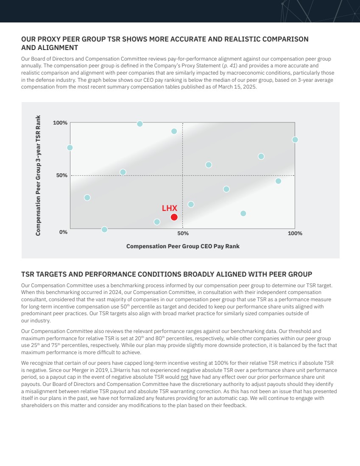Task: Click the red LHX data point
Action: pyautogui.click(x=174, y=217)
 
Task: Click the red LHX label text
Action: pyautogui.click(x=170, y=208)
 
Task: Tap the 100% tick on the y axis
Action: pyautogui.click(x=60, y=123)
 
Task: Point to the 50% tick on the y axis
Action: pyautogui.click(x=62, y=175)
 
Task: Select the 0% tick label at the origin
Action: pyautogui.click(x=63, y=232)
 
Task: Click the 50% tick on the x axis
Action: pyautogui.click(x=183, y=233)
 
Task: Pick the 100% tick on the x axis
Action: pyautogui.click(x=295, y=233)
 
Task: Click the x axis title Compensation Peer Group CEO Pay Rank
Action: pyautogui.click(x=183, y=246)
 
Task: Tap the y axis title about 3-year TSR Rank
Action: pyautogui.click(x=38, y=175)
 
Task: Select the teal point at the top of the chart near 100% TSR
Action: pyautogui.click(x=140, y=124)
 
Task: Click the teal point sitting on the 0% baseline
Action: pyautogui.click(x=104, y=230)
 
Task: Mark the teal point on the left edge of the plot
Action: pyautogui.click(x=70, y=147)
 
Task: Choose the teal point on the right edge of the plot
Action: pyautogui.click(x=295, y=140)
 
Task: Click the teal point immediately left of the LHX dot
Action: pyautogui.click(x=157, y=222)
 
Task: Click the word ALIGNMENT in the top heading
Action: pyautogui.click(x=50, y=48)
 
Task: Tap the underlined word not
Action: pyautogui.click(x=184, y=376)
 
